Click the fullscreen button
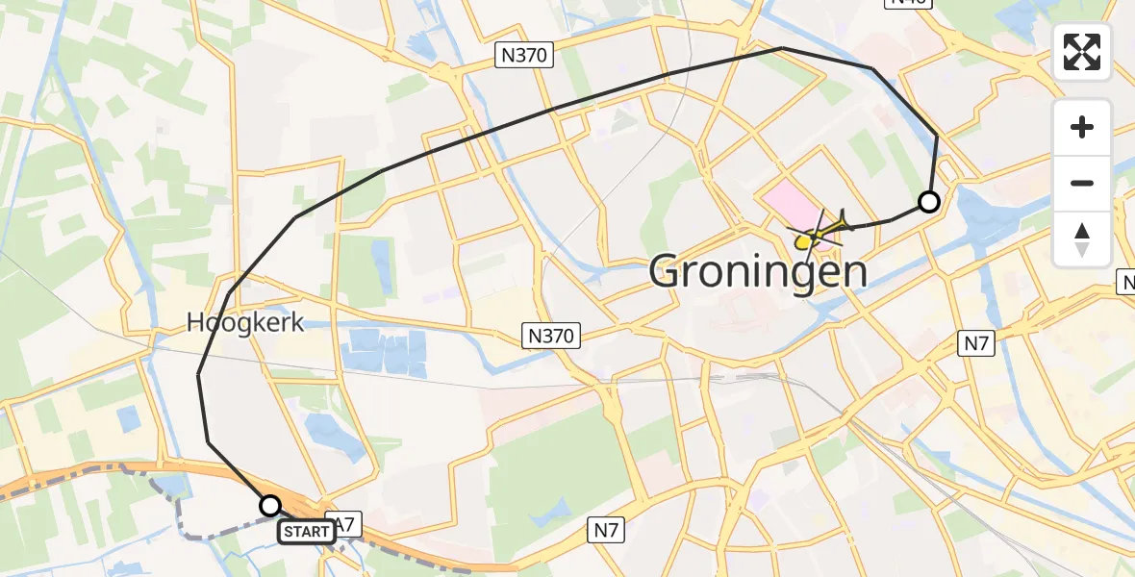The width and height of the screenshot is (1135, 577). pos(1082,52)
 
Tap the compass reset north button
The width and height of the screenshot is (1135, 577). pos(1082,238)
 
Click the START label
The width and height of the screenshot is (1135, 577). pos(308,531)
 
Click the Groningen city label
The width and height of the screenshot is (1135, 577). pos(758,272)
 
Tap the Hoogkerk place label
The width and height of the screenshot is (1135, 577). pos(245,323)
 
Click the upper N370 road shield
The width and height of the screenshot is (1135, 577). pos(525,56)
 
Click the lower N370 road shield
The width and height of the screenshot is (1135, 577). pos(551,336)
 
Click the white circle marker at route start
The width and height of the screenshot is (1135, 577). pos(270,505)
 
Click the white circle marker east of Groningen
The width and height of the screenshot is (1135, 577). pos(928,202)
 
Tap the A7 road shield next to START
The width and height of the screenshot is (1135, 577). pos(347,527)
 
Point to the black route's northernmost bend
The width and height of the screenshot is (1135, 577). pos(782,47)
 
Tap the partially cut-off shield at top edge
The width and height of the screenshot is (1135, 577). pos(908,3)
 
